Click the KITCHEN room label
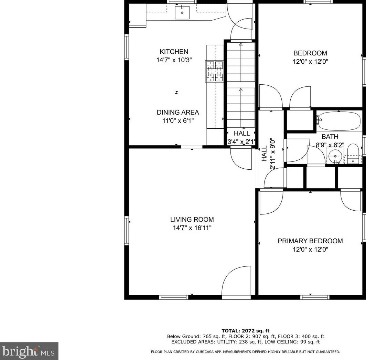pos(174,51)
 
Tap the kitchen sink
pos(182,13)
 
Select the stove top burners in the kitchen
pos(214,71)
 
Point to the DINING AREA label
pos(178,112)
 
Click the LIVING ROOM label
pos(192,220)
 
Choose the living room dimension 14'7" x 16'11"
pos(192,228)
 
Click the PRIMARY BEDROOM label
pos(310,241)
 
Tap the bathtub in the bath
pos(340,121)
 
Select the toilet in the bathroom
pos(353,154)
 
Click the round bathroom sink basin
pos(335,156)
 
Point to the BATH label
pos(330,137)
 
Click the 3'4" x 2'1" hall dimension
pos(241,141)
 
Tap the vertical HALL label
pos(264,153)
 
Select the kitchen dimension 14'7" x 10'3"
pos(174,60)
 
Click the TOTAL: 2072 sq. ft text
pos(245,330)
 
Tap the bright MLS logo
pos(29,351)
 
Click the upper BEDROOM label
pos(310,53)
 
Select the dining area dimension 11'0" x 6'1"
pos(178,121)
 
